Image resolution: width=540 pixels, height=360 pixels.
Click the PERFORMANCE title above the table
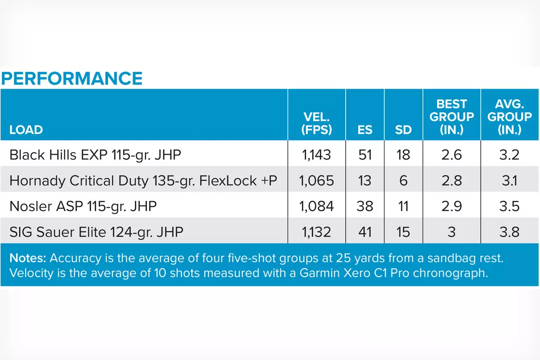coord(72,78)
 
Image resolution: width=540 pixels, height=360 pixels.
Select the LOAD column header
coord(26,130)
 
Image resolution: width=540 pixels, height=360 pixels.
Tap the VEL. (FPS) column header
coord(317,124)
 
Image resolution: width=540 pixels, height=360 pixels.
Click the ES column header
coord(365,130)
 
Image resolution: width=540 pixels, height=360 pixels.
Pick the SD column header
coord(404,130)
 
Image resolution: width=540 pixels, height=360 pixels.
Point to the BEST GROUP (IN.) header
coord(452,117)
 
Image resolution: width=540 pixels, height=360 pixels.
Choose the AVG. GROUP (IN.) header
coord(510,117)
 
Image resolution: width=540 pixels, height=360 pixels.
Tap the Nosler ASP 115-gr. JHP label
coord(83,206)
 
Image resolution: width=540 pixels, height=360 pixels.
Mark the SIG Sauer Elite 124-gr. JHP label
coord(96,232)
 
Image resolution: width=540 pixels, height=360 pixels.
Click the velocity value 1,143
coord(317,155)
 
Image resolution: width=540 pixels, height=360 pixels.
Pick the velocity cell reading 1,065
coord(317,180)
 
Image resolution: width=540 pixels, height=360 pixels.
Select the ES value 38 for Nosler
coord(365,206)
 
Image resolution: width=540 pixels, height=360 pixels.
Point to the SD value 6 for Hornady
coord(404,180)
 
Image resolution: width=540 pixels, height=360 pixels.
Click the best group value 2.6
coord(452,155)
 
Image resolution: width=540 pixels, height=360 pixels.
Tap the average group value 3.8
coord(510,232)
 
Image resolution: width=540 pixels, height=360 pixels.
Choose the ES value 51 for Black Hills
coord(365,155)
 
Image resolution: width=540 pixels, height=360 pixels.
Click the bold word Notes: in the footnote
coord(28,259)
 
